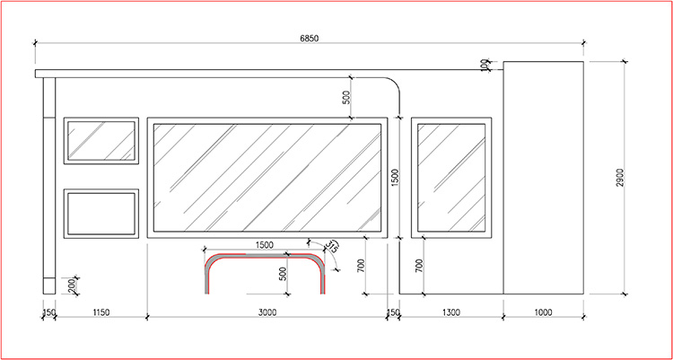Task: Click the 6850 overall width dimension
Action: point(309,39)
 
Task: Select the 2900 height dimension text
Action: point(620,178)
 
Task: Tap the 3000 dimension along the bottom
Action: point(267,312)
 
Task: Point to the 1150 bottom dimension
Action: point(101,312)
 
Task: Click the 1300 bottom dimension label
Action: point(450,312)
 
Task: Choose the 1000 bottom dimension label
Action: point(543,312)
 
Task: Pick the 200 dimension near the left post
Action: point(72,285)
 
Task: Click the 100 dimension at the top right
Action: point(485,66)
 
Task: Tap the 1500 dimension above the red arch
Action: point(264,245)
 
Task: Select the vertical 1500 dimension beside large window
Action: point(396,178)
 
